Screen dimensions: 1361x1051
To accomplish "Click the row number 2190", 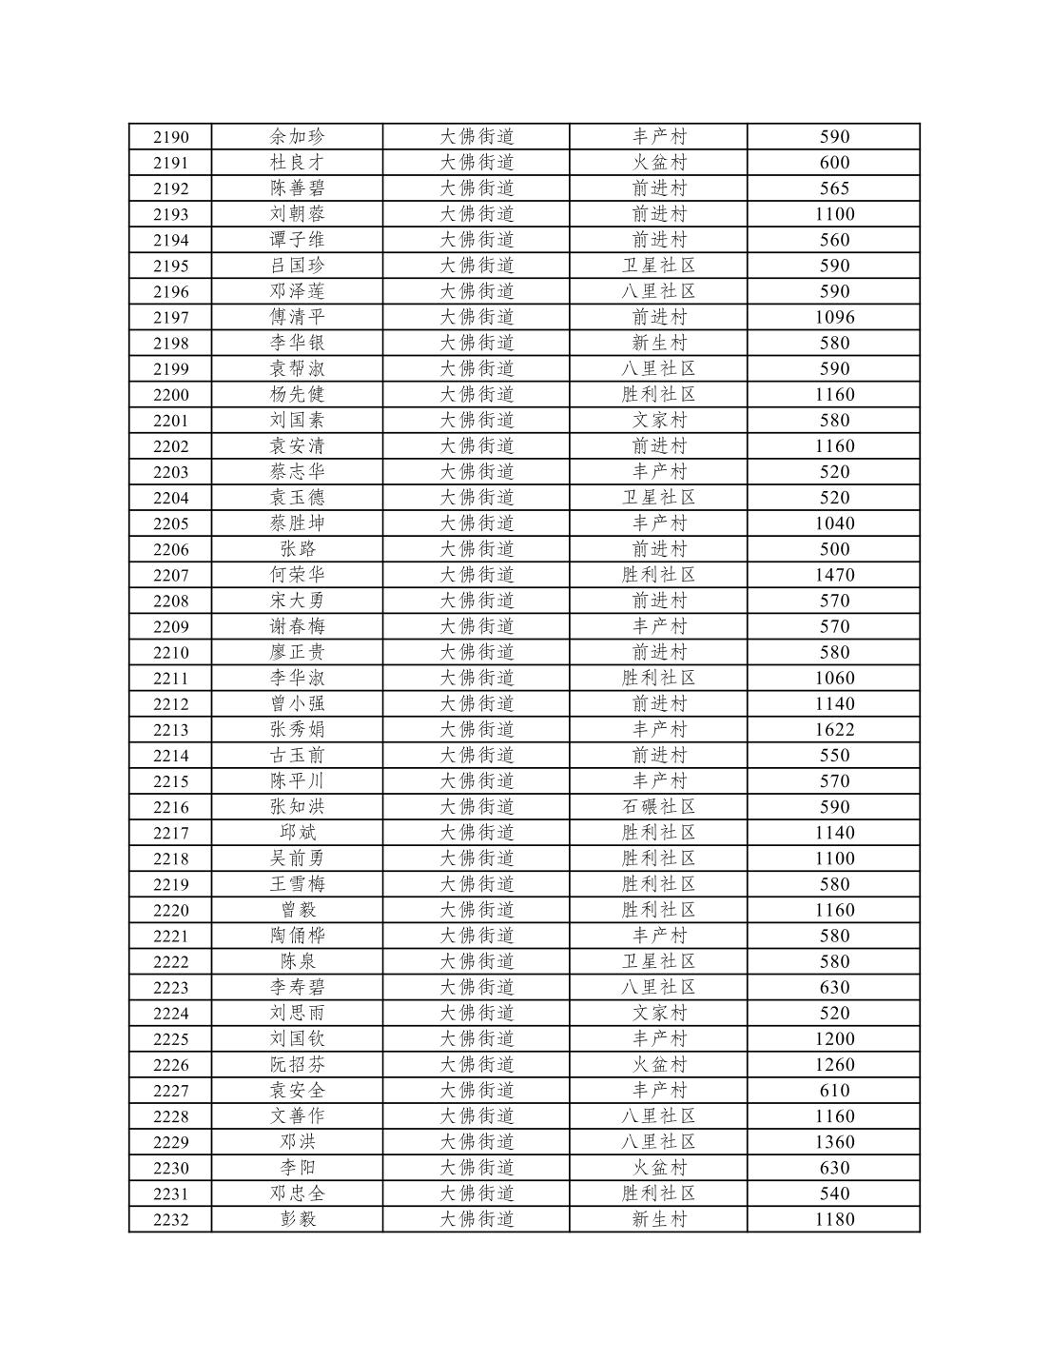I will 171,137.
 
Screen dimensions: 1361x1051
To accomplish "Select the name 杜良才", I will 297,163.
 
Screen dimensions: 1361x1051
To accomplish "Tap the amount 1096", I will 834,317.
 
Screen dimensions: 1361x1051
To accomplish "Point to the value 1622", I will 834,729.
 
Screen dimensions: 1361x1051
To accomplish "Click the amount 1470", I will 834,575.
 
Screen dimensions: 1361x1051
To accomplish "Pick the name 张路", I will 297,549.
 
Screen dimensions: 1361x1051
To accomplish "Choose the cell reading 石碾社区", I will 658,806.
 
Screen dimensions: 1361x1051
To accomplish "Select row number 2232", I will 171,1220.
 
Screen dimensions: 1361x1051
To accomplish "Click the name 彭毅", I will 297,1219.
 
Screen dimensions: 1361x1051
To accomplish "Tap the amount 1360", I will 834,1142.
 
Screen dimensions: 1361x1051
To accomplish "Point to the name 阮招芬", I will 297,1065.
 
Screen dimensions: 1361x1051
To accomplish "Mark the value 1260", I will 834,1065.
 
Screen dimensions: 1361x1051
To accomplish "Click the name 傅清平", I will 297,317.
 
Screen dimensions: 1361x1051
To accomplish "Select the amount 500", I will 834,549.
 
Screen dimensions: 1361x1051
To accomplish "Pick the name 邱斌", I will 297,832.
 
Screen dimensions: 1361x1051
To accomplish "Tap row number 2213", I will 171,730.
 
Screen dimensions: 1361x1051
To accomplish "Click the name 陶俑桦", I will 297,936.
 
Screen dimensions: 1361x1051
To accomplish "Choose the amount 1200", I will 834,1039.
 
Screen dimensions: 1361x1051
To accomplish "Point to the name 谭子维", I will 297,240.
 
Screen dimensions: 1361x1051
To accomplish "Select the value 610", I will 834,1091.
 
